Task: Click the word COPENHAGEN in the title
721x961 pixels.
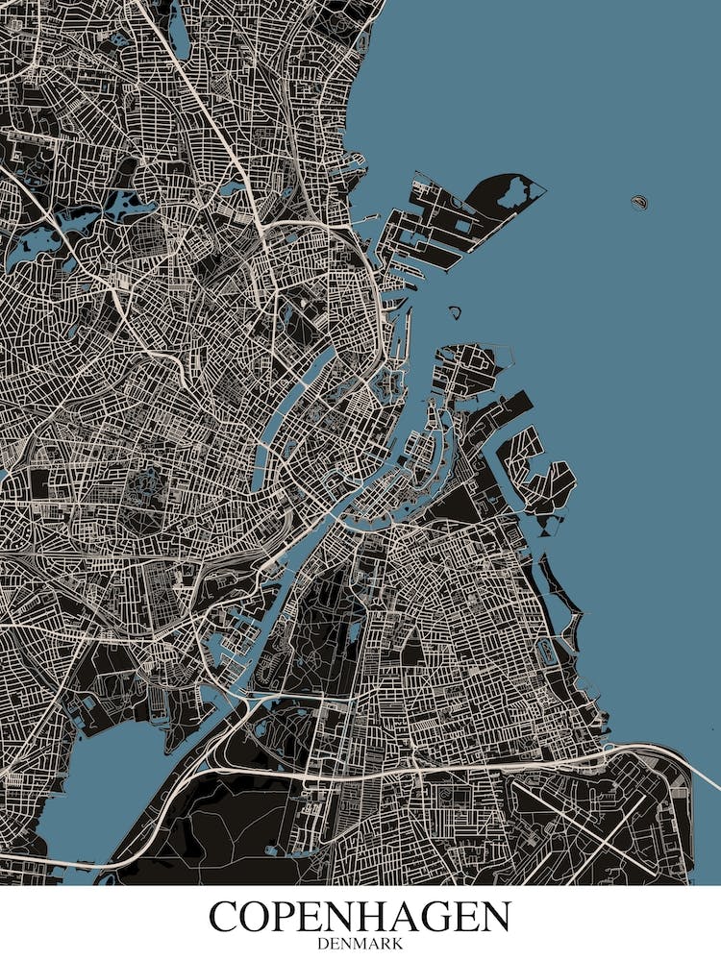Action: [360, 917]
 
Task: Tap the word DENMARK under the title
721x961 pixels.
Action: [360, 944]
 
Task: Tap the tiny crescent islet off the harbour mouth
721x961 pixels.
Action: [455, 311]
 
